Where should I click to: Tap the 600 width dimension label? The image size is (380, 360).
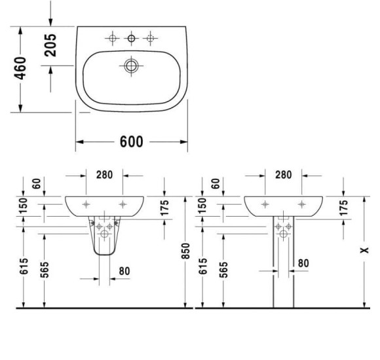[x=132, y=143]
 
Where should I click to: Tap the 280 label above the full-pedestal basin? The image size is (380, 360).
[x=283, y=175]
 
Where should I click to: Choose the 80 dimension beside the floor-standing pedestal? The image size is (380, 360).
[x=303, y=263]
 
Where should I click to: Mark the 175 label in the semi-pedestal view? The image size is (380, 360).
[x=164, y=207]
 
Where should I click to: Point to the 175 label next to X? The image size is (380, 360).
[x=343, y=207]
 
